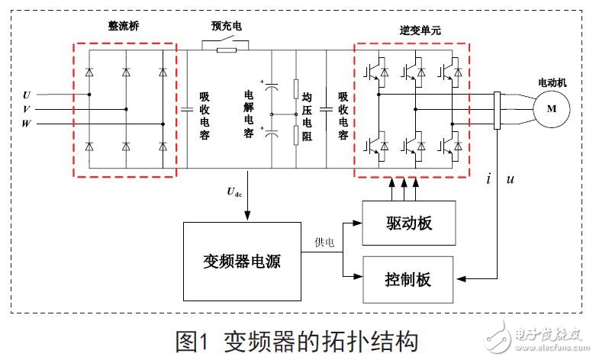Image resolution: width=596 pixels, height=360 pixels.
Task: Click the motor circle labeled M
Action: pos(550,108)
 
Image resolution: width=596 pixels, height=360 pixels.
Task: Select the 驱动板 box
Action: pos(408,223)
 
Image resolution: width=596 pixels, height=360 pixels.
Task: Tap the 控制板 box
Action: pos(408,278)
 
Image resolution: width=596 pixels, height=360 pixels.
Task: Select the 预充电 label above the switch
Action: pos(227,24)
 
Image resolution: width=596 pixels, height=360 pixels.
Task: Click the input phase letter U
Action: pos(27,95)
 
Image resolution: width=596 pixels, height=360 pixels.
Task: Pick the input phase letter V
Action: pos(27,109)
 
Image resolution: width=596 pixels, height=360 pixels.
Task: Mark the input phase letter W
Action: pos(27,123)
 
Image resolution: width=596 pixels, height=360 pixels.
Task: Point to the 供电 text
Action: pos(324,243)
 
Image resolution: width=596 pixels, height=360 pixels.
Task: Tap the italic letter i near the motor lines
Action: pos(488,179)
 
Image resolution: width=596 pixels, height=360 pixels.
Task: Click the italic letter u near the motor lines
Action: pos(510,180)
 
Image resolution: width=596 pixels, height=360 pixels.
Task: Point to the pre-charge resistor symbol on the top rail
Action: pos(227,50)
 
